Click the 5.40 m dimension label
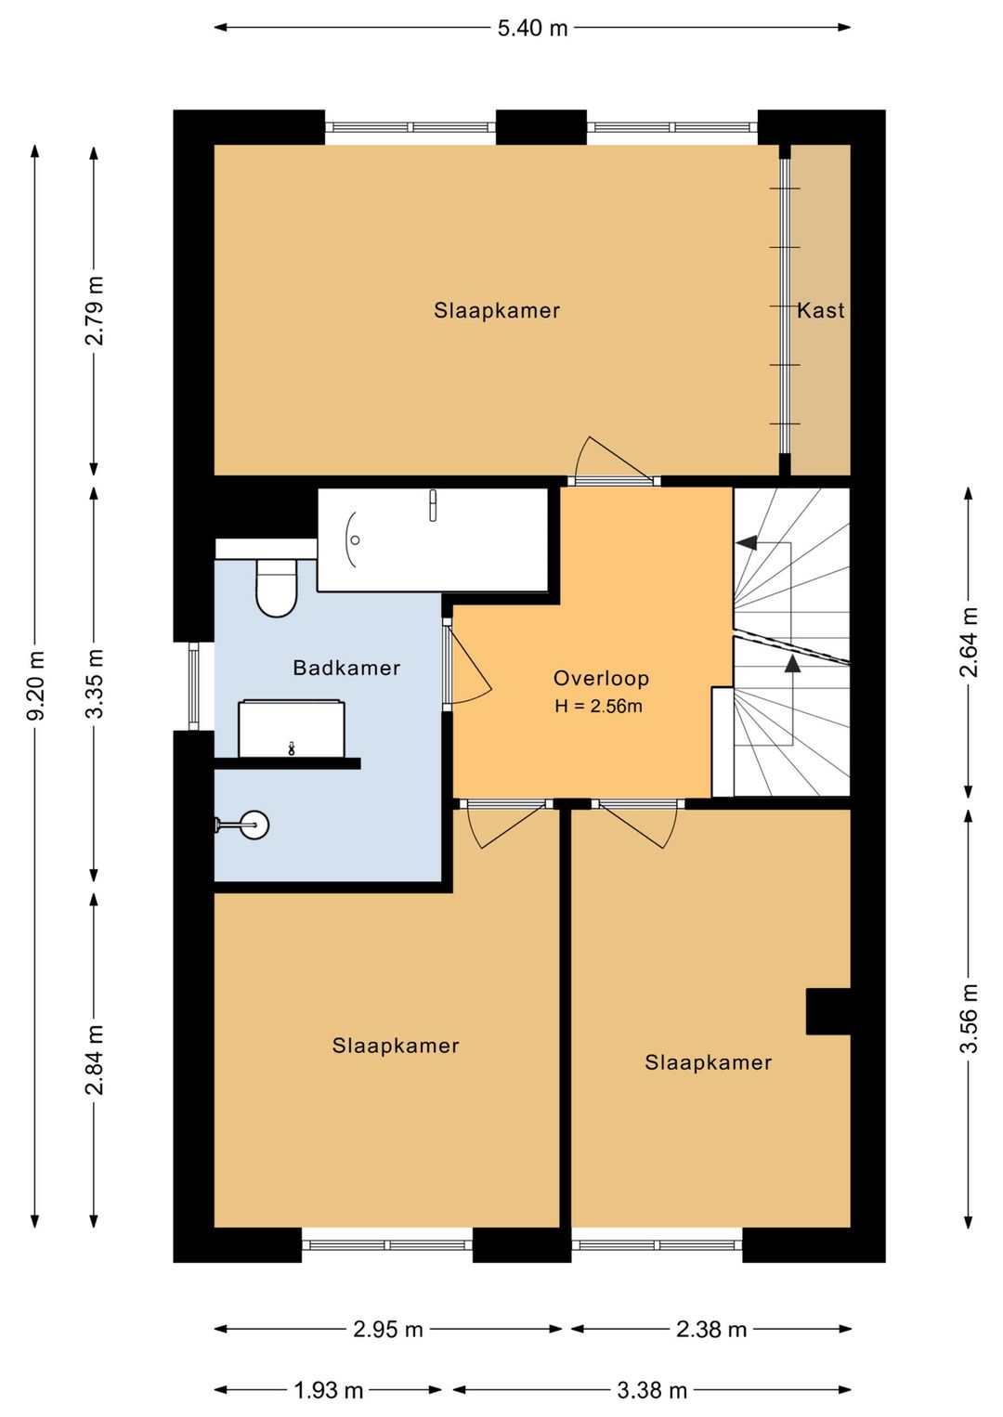tap(532, 29)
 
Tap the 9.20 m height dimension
tap(36, 685)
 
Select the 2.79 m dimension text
tap(95, 310)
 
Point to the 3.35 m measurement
tap(95, 683)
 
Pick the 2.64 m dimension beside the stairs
tap(969, 642)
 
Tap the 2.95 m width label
tap(388, 1330)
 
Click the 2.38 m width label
tap(711, 1330)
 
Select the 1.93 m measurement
tap(329, 1390)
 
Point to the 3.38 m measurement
tap(652, 1390)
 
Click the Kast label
tap(820, 310)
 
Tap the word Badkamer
tap(346, 668)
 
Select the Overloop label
tap(601, 678)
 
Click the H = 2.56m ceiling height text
tap(599, 706)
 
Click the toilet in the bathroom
tap(277, 588)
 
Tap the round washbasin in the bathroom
tap(255, 825)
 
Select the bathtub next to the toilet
tap(432, 539)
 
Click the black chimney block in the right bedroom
tap(827, 1011)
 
